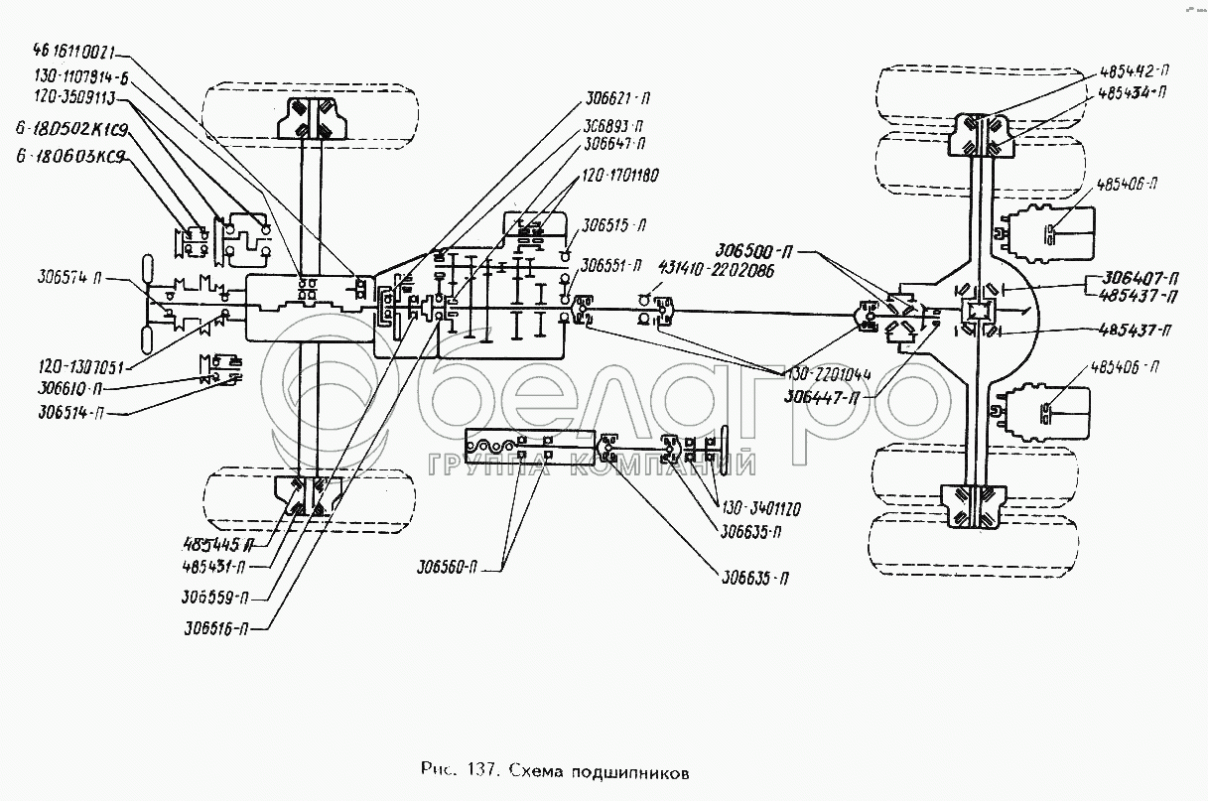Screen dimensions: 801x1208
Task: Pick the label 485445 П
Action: [214, 544]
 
